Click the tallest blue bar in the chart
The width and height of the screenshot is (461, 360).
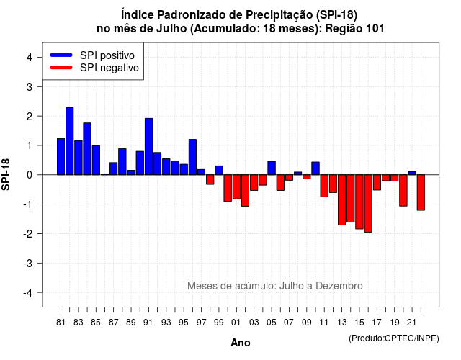69,141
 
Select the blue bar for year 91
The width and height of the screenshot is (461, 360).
148,146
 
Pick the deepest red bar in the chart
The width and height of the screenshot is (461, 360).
368,203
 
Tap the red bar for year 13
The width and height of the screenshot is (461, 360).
341,200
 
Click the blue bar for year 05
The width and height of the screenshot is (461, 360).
272,168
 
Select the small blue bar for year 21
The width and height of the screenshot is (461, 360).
412,173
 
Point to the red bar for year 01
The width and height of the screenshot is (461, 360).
236,187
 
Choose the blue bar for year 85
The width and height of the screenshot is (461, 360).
96,160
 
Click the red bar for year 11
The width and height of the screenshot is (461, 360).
324,186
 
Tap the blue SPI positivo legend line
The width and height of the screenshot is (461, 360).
61,55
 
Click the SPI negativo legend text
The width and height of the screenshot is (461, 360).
109,68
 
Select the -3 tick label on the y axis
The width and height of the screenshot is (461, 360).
28,264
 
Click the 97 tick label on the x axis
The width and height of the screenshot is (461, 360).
202,323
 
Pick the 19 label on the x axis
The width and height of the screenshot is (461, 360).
395,323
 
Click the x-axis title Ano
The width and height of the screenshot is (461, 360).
240,343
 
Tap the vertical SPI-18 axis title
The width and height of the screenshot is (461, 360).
6,174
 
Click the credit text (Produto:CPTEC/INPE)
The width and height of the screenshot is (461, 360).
394,338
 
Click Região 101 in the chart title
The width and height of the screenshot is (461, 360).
354,29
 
